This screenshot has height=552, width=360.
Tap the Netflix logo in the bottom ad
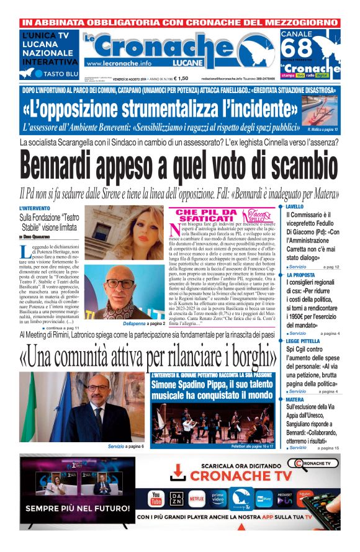(195, 497)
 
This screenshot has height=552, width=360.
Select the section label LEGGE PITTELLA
(303, 341)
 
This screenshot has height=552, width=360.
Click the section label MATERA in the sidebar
(295, 399)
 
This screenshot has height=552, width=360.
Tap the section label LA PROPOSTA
(301, 275)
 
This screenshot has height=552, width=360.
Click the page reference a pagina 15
(328, 448)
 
